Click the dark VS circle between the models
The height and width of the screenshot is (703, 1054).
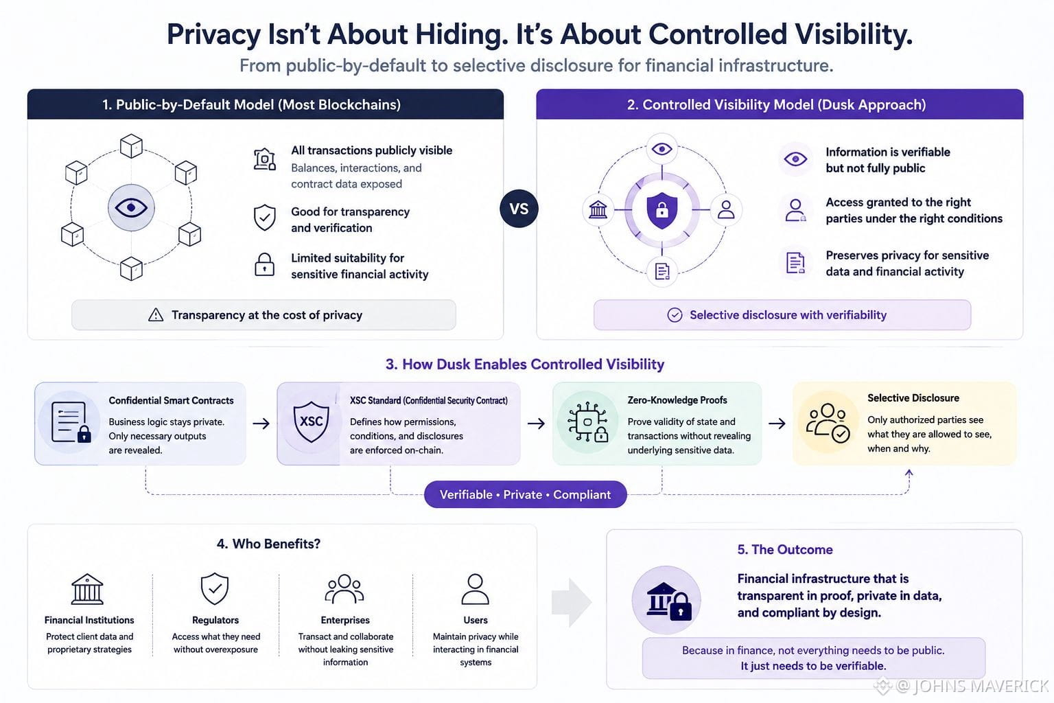[x=519, y=209]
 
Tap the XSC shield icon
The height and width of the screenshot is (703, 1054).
[x=311, y=422]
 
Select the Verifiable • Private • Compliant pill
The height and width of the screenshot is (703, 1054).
[x=525, y=494]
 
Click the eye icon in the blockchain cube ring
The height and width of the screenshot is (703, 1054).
[x=131, y=207]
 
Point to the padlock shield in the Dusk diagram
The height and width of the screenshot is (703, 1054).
[x=662, y=210]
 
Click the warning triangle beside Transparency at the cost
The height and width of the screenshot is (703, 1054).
[x=156, y=314]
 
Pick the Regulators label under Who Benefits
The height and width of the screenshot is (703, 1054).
[x=215, y=620]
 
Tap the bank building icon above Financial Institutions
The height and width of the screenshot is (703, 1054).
[x=87, y=589]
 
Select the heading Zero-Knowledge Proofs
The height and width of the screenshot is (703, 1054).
[x=677, y=400]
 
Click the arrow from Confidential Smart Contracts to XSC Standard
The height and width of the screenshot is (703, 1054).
[x=261, y=424]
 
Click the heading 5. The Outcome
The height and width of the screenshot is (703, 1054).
[x=785, y=549]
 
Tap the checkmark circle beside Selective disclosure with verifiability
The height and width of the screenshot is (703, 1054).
[x=675, y=315]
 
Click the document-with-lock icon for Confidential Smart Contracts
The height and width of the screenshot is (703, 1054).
[x=71, y=422]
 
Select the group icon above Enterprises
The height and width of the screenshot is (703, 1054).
[x=344, y=588]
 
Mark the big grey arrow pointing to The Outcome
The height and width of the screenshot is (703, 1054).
[x=572, y=602]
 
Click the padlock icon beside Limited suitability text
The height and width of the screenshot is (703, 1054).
[x=264, y=264]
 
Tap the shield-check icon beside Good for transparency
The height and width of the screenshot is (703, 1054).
[x=264, y=218]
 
